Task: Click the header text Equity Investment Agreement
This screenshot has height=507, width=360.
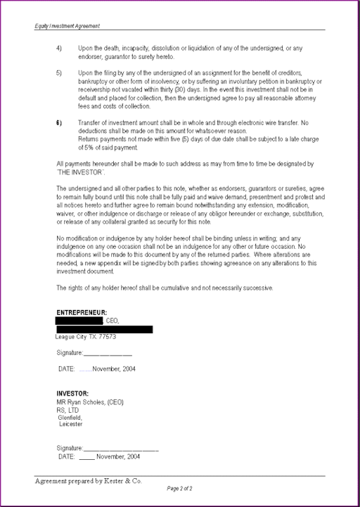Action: (x=67, y=26)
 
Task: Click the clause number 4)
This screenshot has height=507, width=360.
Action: (x=59, y=48)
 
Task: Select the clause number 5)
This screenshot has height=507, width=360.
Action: (x=59, y=73)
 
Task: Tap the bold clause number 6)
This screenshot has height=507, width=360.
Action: (x=59, y=123)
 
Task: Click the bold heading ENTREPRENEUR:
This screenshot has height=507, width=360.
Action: (x=82, y=312)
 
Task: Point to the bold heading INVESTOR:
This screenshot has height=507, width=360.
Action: (x=72, y=393)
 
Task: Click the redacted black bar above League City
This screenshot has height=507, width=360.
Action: (x=104, y=329)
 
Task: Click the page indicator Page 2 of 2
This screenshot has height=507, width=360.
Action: (x=180, y=488)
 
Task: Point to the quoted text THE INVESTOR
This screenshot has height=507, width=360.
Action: (x=81, y=172)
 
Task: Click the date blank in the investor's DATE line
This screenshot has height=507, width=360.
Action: (x=86, y=457)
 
